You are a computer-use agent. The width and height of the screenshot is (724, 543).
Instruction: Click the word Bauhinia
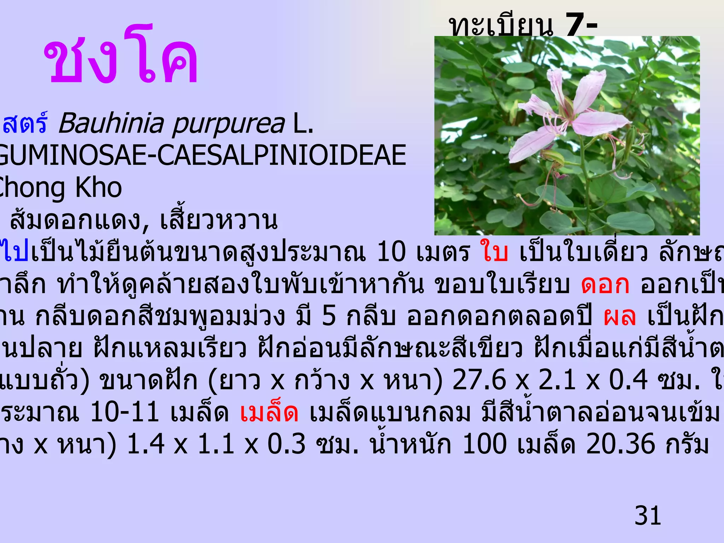(x=111, y=124)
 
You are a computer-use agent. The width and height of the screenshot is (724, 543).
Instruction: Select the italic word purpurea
(x=228, y=124)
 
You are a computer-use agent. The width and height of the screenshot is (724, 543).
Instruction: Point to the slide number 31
(x=648, y=516)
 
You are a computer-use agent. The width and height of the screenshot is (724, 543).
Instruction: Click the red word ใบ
(x=494, y=252)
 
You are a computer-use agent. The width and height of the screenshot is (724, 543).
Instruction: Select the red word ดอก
(x=605, y=285)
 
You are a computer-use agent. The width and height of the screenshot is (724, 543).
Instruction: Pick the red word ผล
(x=620, y=316)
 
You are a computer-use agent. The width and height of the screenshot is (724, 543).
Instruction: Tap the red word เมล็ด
(x=269, y=413)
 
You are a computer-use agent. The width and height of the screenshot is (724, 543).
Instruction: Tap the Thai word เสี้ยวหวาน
(x=219, y=221)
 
